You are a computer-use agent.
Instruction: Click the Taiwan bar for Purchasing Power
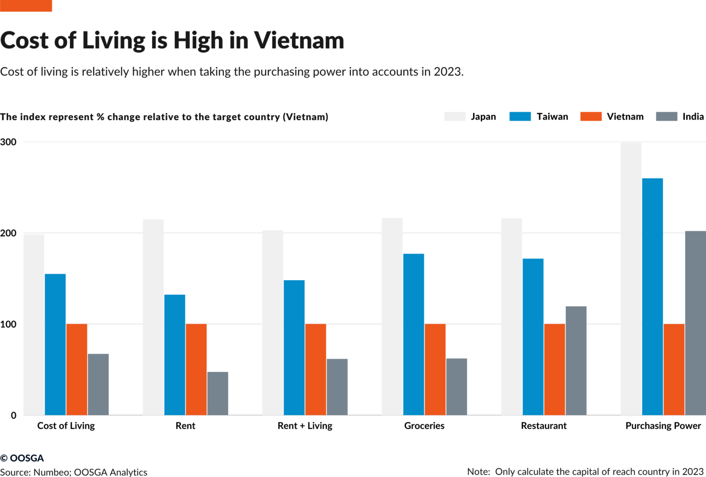652,297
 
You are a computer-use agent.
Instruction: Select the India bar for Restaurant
576,361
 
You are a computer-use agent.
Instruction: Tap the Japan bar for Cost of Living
34,325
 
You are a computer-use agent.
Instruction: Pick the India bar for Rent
217,393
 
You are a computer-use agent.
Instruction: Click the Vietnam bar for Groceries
435,369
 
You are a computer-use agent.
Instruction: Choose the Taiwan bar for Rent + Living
294,347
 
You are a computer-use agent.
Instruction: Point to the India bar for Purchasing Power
695,323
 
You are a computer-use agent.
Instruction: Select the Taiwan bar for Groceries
414,334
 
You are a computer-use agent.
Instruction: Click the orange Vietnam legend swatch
591,116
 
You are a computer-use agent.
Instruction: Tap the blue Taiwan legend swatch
520,116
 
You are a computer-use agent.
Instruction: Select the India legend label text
693,116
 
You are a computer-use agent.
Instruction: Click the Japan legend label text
483,116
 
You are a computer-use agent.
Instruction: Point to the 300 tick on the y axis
8,142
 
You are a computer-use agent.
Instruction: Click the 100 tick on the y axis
8,324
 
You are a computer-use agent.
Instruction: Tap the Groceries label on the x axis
424,425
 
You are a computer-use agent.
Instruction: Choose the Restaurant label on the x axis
543,425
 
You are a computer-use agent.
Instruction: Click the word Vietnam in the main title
299,40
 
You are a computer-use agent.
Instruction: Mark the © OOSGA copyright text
22,458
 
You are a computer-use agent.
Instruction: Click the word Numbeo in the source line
51,472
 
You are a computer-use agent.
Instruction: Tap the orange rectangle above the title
26,6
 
